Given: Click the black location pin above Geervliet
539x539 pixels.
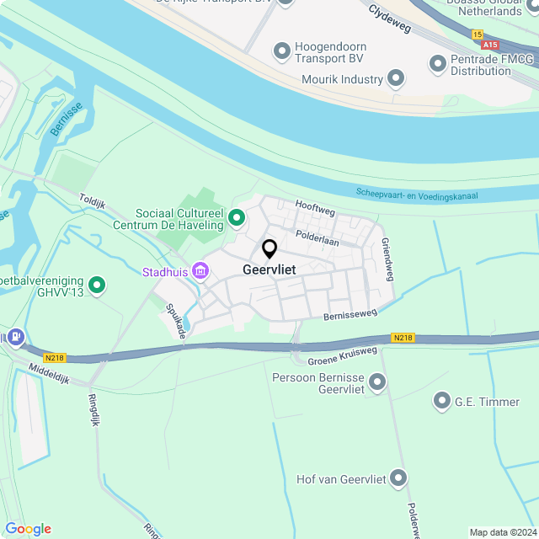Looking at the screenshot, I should pos(269,249).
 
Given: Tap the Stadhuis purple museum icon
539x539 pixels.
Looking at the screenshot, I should pos(200,271).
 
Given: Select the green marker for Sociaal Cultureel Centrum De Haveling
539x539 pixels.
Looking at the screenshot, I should pos(237,219).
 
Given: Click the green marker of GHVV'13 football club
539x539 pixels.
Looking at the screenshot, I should pos(97,286).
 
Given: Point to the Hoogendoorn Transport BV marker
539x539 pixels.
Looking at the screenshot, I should pos(281,52).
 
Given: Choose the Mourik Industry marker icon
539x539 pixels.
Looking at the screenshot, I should pos(396,80).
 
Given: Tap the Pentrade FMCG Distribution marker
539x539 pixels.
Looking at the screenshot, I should pos(437,64).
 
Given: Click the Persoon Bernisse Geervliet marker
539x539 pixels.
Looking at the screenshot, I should pos(377,383).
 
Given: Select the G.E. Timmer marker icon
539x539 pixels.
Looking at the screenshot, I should pos(442,402).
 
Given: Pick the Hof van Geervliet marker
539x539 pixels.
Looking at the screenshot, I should pos(398,479).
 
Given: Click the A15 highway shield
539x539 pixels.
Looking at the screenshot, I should pos(492,44).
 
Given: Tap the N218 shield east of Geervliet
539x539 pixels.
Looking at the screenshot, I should pos(403,338).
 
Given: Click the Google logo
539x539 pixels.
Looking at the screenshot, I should pos(28,529).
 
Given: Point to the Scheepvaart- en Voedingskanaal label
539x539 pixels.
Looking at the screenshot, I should pos(417,195).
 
